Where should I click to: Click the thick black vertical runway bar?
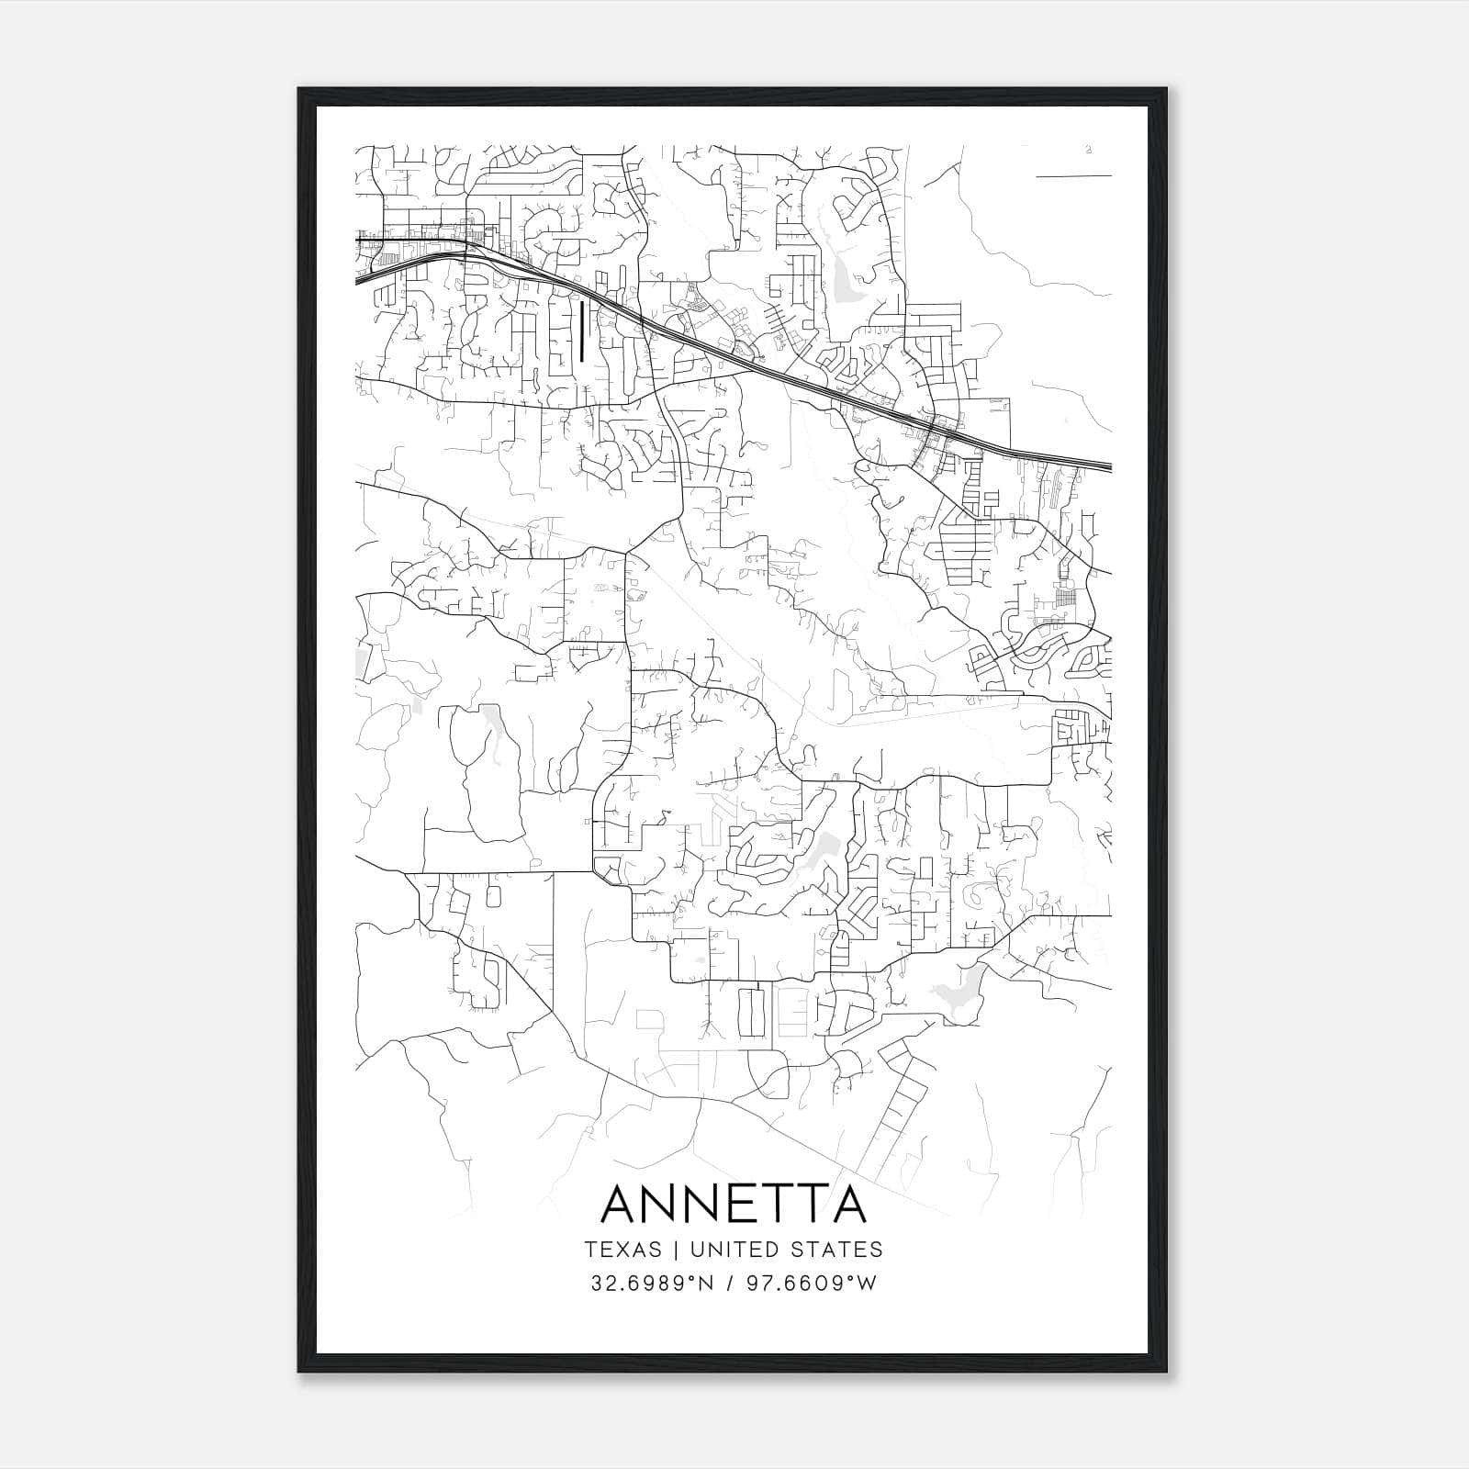(582, 331)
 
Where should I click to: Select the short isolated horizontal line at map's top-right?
(1073, 174)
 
